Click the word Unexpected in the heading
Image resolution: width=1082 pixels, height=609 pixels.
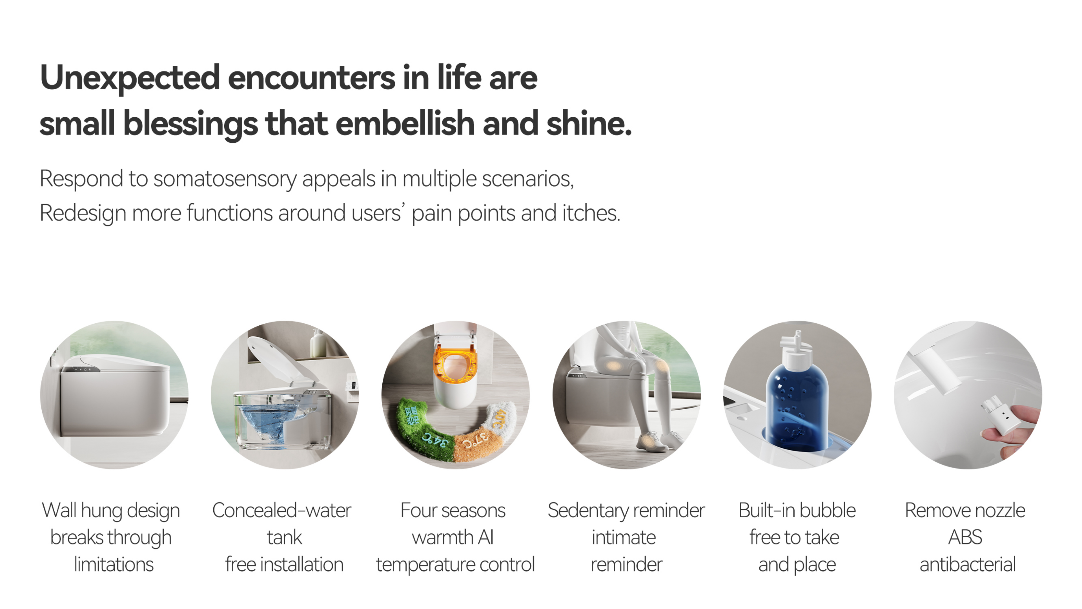point(130,78)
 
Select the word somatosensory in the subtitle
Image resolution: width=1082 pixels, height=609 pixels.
point(225,180)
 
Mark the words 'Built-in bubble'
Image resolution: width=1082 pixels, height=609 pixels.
point(797,510)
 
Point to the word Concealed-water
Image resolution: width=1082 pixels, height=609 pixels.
point(281,510)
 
